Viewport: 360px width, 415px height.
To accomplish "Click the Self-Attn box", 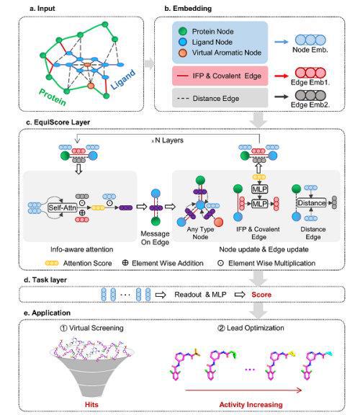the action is click(x=63, y=207).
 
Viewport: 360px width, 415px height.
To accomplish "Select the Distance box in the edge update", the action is click(x=312, y=203).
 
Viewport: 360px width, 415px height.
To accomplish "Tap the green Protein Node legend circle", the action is click(x=182, y=31).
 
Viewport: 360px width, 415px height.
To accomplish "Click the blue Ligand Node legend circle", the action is click(x=182, y=42).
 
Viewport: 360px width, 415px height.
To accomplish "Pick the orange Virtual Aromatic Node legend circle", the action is click(x=182, y=53).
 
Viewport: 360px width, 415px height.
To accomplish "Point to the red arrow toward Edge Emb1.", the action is click(x=282, y=76).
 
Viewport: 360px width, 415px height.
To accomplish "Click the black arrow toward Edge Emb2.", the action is click(x=282, y=97).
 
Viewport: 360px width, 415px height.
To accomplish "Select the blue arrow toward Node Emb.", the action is click(x=282, y=42).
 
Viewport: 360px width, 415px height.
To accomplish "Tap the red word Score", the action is click(x=261, y=295).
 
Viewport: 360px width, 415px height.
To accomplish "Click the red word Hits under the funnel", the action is click(x=91, y=404).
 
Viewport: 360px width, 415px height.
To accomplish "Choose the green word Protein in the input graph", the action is click(x=53, y=97).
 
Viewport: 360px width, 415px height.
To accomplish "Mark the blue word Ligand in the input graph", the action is click(x=123, y=79).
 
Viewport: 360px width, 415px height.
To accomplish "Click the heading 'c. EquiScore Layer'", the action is click(x=58, y=122).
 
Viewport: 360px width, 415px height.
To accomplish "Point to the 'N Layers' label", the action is click(x=168, y=140).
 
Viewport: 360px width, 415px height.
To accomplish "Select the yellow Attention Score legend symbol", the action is click(x=52, y=263).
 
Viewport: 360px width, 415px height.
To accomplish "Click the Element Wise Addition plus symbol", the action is click(x=125, y=263).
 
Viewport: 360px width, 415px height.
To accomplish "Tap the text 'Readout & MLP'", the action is click(x=200, y=295).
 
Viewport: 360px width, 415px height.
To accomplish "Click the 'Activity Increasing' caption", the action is click(x=251, y=404).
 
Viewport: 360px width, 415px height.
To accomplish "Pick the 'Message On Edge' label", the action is click(x=155, y=238).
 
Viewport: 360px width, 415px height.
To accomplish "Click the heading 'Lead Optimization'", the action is click(x=251, y=329).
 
